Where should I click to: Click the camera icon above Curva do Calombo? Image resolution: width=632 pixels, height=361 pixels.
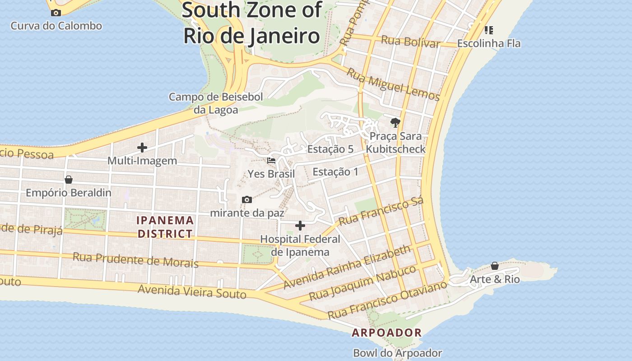click(56, 13)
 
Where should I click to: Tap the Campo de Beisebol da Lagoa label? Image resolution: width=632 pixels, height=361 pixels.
click(216, 103)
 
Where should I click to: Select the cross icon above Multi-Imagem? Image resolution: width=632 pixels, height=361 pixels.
click(142, 148)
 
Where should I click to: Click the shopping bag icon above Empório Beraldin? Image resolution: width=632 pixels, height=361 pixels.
click(69, 180)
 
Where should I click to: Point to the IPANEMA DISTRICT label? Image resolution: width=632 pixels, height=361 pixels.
click(165, 227)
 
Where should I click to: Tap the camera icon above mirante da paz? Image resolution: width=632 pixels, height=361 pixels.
click(247, 199)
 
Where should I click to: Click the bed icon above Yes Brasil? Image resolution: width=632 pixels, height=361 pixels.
click(271, 161)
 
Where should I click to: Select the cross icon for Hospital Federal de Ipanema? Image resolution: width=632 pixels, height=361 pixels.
click(300, 226)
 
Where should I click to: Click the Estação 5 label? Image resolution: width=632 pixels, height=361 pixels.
click(330, 149)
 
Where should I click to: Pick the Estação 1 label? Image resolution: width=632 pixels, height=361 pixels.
click(335, 171)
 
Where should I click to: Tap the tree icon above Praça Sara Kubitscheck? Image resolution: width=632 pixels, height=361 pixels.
click(395, 122)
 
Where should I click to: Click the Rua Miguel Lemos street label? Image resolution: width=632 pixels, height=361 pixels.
click(393, 84)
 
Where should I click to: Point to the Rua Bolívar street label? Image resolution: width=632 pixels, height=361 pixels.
click(410, 41)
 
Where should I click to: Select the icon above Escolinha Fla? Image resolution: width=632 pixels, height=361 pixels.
click(488, 30)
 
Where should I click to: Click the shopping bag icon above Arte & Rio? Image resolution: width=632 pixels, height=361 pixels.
click(495, 266)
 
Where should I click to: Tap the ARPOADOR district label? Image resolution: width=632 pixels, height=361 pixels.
click(387, 333)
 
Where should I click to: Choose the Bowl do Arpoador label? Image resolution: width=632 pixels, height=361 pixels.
click(397, 353)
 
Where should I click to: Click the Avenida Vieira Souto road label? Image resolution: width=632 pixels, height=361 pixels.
click(192, 292)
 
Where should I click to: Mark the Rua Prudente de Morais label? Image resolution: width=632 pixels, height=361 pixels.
click(135, 260)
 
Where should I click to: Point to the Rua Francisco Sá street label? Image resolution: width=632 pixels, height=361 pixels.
click(381, 212)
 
